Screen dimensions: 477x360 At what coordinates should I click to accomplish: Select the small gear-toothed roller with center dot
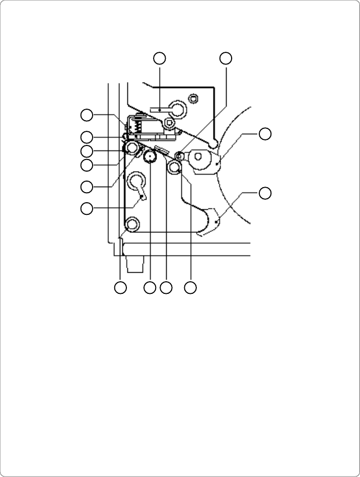pyautogui.click(x=149, y=158)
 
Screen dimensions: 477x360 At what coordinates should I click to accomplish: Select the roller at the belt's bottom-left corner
pyautogui.click(x=132, y=224)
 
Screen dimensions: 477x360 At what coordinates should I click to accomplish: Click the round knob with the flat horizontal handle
pyautogui.click(x=177, y=108)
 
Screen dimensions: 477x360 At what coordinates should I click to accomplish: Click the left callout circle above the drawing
pyautogui.click(x=160, y=58)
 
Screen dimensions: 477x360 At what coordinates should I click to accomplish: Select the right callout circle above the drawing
pyautogui.click(x=226, y=58)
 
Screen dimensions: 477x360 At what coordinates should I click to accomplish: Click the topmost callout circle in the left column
pyautogui.click(x=87, y=115)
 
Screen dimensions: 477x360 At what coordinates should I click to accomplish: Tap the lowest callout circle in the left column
pyautogui.click(x=87, y=207)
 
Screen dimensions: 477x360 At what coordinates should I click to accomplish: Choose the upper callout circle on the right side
pyautogui.click(x=265, y=134)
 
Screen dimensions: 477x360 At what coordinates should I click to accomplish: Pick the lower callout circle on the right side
pyautogui.click(x=265, y=193)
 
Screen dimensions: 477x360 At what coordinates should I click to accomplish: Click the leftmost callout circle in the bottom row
pyautogui.click(x=120, y=288)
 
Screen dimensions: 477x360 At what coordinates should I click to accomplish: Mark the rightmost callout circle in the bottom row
pyautogui.click(x=190, y=288)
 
